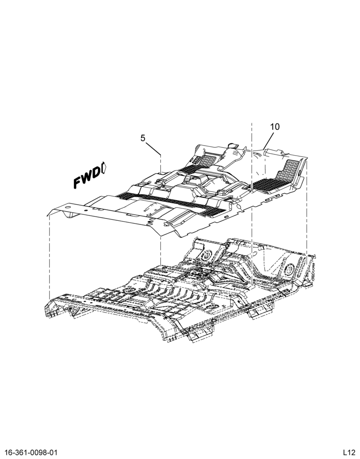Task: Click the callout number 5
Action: [143, 138]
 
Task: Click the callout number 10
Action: [275, 127]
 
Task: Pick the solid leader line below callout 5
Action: [152, 148]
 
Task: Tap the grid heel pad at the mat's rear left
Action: [208, 160]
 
